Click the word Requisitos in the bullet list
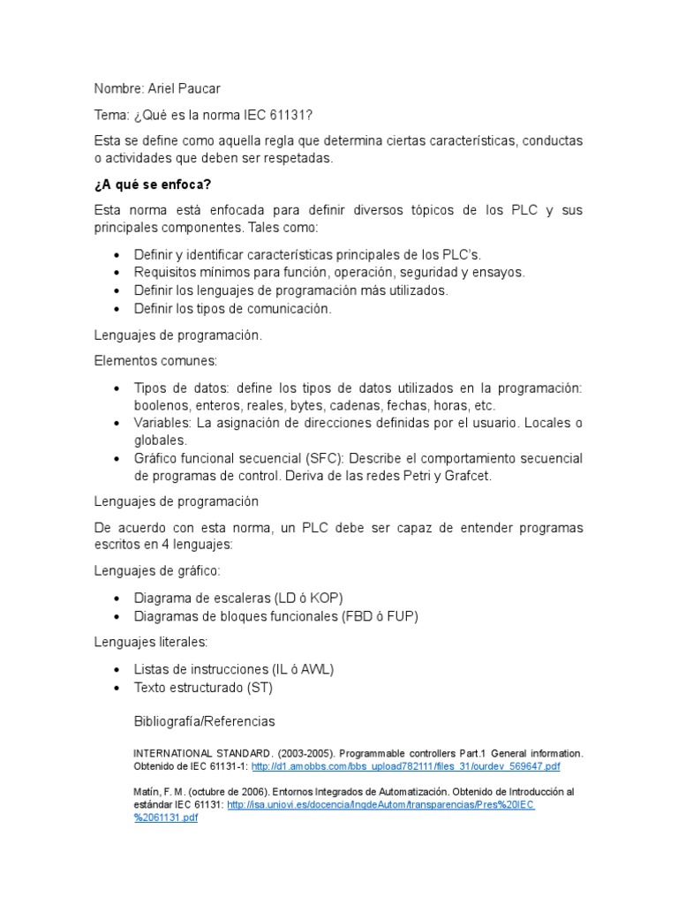[165, 272]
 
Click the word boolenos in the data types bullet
[162, 405]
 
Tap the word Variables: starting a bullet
[162, 423]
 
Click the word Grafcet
[467, 476]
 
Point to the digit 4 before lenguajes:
[151, 545]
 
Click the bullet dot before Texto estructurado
[117, 687]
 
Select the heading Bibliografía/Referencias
[204, 721]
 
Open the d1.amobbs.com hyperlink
[405, 766]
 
